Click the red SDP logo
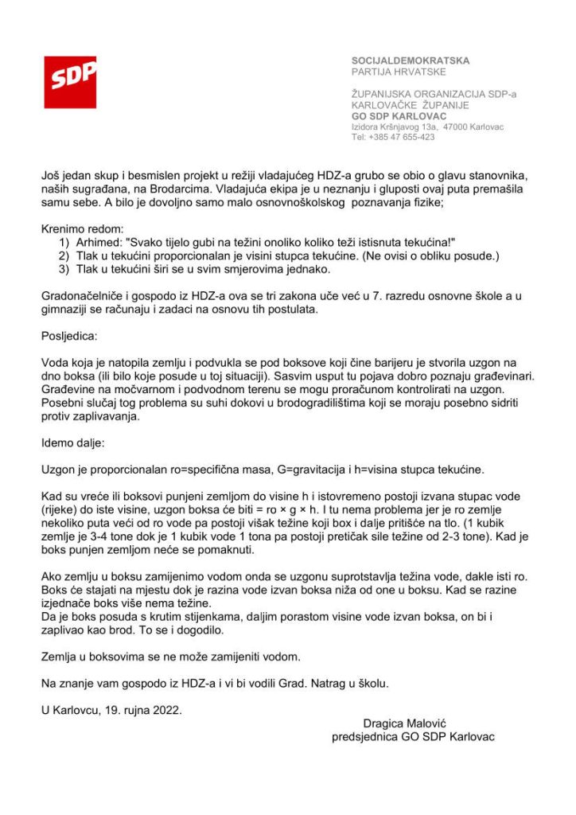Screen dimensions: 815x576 [70, 82]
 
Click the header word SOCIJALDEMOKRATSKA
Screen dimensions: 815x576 [411, 60]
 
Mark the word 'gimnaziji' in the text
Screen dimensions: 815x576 [67, 309]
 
